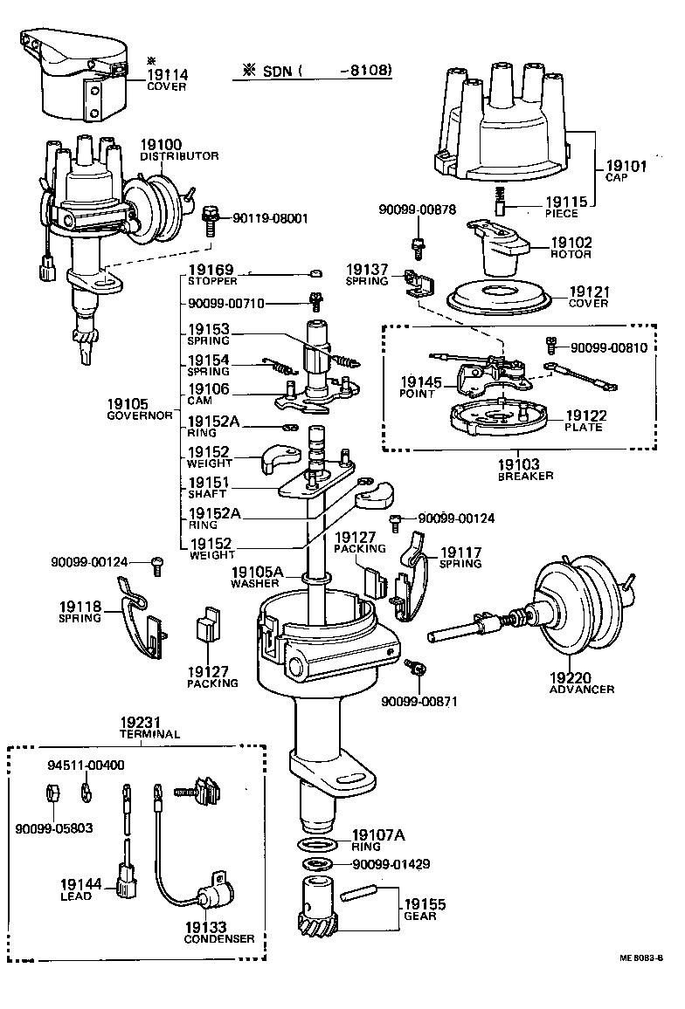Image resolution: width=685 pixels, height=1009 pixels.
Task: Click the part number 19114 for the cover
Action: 167,75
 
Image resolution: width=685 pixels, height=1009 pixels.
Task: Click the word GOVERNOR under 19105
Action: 139,415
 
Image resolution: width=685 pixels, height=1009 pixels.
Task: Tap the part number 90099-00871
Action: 419,701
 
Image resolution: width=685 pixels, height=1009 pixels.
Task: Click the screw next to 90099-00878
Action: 419,246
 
